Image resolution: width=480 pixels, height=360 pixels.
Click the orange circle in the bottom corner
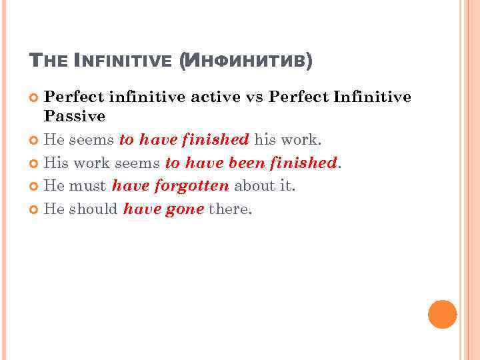point(442,315)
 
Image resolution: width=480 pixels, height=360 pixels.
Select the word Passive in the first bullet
point(75,117)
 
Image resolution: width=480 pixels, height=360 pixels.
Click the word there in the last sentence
point(230,209)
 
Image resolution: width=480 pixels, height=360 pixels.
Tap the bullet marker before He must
point(35,187)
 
